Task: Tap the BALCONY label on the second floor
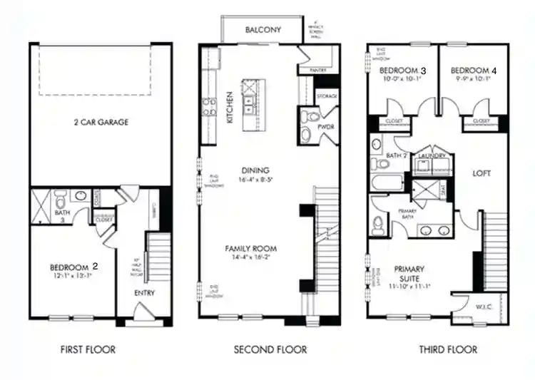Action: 263,30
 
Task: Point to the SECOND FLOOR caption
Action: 270,349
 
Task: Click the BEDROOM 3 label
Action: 402,71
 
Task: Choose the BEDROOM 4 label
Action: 473,71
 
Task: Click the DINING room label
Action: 255,170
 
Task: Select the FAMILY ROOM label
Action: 251,249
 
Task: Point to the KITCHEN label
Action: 230,107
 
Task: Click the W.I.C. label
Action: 483,307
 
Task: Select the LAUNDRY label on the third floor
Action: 432,155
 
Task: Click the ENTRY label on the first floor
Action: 145,293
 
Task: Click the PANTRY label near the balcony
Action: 318,71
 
